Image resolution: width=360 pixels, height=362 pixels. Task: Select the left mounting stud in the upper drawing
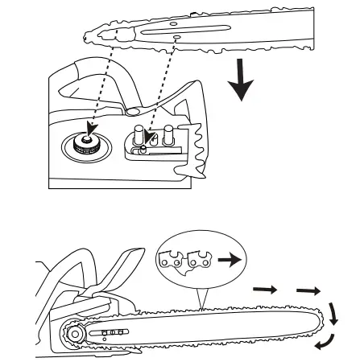click(139, 131)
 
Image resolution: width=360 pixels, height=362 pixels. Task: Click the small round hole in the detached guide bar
click(176, 37)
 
